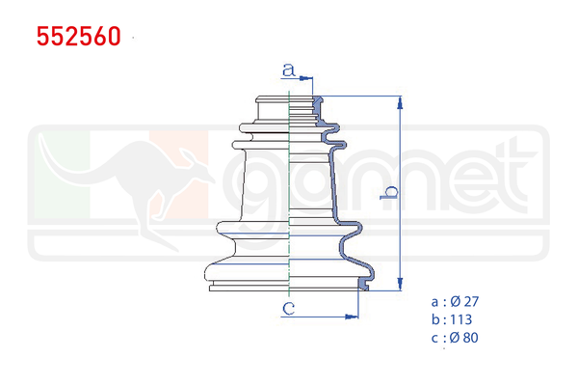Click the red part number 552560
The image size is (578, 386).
[x=79, y=37]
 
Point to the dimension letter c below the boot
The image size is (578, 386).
[x=287, y=309]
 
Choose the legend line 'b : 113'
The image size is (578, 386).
[x=452, y=319]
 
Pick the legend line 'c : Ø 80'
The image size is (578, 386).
[x=456, y=338]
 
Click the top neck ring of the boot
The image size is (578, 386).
[x=289, y=99]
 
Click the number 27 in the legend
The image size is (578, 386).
[x=471, y=301]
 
